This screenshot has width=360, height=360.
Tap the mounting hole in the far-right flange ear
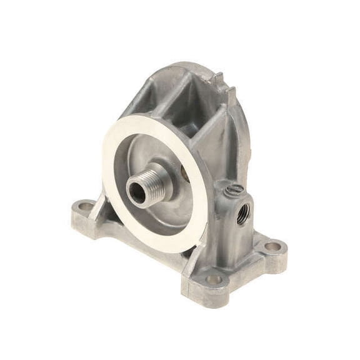pos(273,246)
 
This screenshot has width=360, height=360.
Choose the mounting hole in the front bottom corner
pos(215,279)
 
